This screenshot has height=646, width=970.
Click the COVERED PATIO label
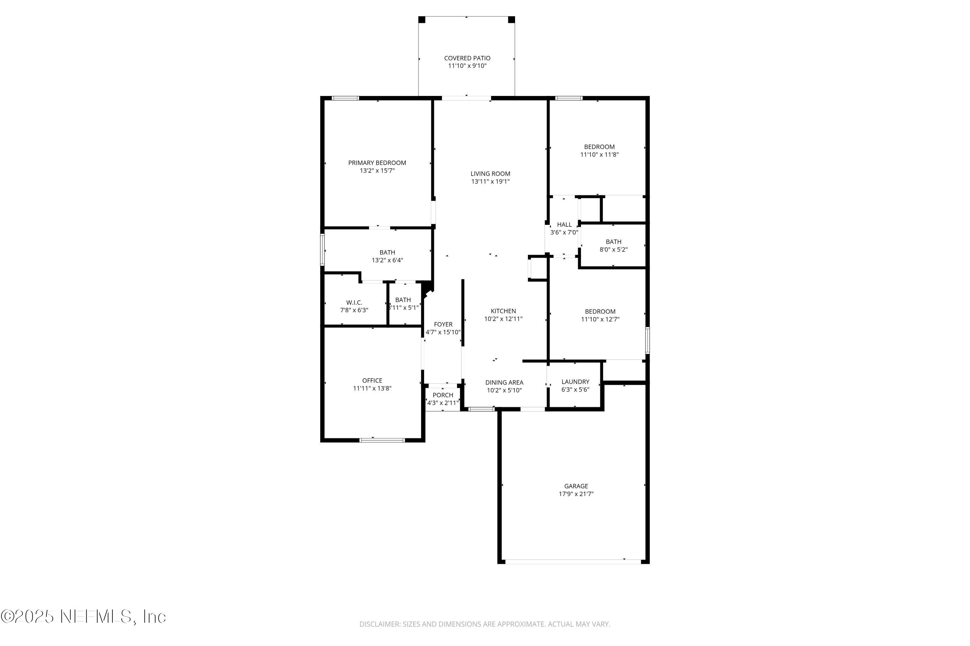click(467, 58)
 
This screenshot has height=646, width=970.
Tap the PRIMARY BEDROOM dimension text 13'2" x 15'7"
click(377, 171)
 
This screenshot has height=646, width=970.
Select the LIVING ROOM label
click(490, 174)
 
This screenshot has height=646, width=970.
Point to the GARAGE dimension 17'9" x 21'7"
click(576, 494)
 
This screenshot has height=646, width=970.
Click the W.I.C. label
click(354, 302)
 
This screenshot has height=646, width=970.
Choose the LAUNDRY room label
click(575, 382)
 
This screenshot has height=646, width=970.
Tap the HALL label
click(564, 224)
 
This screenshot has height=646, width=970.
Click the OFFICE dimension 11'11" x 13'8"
click(372, 388)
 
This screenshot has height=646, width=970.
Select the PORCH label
click(443, 395)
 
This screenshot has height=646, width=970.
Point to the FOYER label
click(443, 324)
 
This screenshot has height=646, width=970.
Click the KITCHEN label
click(503, 311)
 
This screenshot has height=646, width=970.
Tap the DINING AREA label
click(504, 382)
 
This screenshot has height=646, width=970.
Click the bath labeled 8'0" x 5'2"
click(613, 245)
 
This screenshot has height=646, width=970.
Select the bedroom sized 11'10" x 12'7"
click(600, 315)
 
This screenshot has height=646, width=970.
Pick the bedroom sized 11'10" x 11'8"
click(599, 151)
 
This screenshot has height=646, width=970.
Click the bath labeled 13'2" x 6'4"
click(387, 256)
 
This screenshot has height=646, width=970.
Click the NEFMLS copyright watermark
click(83, 617)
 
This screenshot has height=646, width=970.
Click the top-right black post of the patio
click(512, 20)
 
